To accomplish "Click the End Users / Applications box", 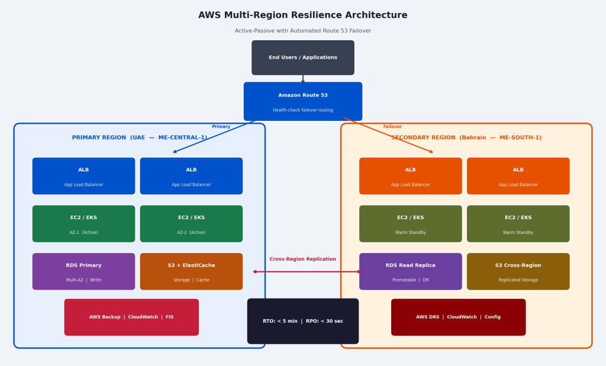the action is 303,57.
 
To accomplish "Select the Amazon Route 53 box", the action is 303,101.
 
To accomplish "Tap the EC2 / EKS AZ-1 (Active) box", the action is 84,224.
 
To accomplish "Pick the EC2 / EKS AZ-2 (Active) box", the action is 191,224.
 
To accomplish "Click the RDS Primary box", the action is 84,272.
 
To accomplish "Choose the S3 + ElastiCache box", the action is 191,272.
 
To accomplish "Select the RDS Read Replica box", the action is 411,272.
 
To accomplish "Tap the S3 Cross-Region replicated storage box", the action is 518,272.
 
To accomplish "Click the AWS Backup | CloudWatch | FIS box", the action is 131,317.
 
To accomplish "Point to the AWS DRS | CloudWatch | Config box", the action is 459,317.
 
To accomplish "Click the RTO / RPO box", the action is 303,321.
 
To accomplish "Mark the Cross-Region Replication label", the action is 303,259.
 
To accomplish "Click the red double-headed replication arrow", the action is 307,272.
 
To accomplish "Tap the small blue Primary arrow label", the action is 221,127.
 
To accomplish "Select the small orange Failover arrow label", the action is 393,127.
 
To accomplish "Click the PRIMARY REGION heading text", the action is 140,138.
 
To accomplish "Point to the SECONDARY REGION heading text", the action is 466,138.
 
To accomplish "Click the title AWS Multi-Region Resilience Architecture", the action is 303,15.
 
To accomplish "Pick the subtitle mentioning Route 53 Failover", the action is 303,31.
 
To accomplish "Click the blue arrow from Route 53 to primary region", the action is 214,137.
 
